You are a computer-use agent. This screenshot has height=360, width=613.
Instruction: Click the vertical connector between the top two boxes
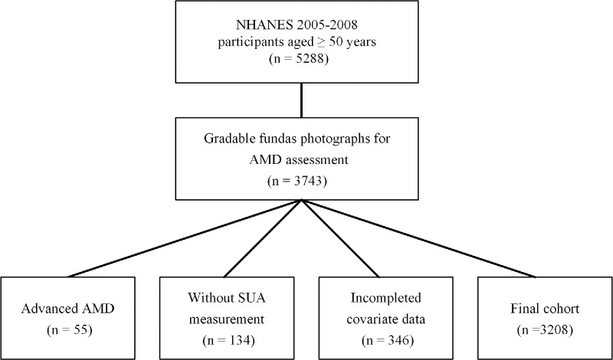(302, 100)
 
